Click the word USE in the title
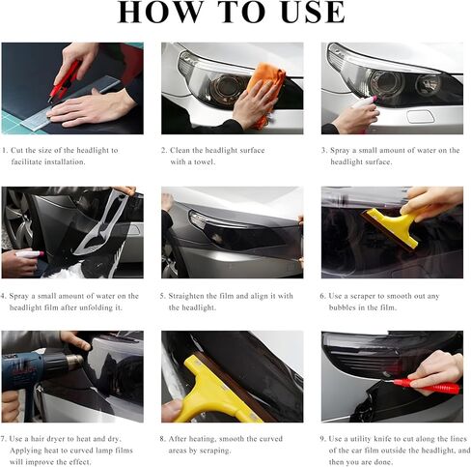(x=313, y=13)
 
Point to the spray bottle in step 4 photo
(x=29, y=254)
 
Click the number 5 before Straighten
(x=162, y=296)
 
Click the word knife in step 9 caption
(x=383, y=439)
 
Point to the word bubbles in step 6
(x=342, y=307)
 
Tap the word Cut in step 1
(x=17, y=150)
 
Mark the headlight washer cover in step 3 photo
(x=421, y=116)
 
